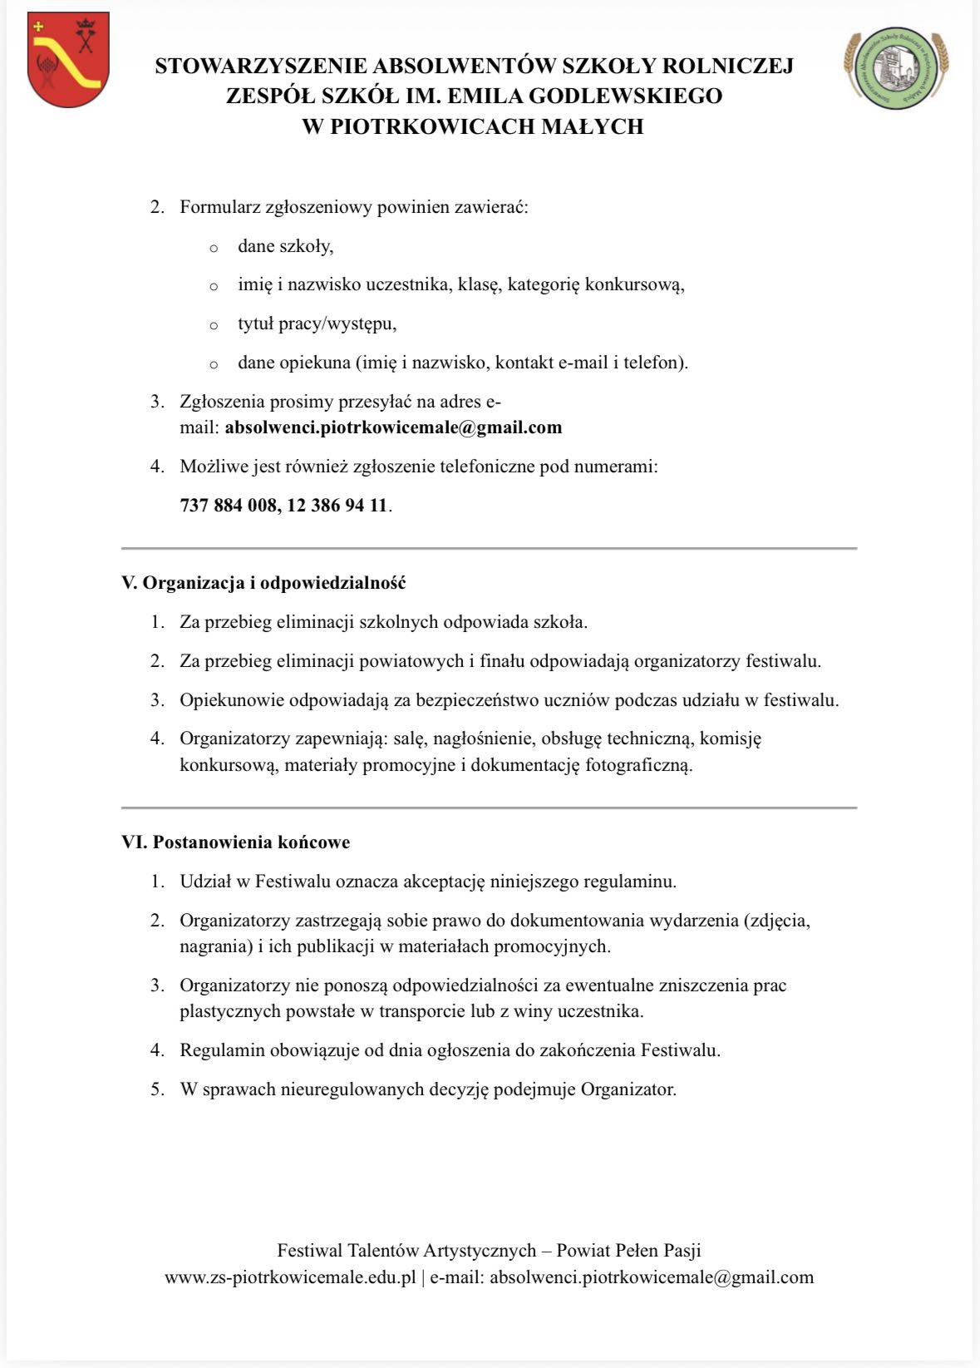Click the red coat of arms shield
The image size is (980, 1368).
click(67, 59)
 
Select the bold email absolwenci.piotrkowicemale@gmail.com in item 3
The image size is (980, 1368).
click(393, 427)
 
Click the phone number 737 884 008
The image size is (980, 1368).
click(229, 505)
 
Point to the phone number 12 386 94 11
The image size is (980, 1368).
click(337, 505)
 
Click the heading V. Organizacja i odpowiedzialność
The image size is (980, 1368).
click(263, 582)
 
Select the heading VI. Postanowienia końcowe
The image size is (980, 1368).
click(235, 842)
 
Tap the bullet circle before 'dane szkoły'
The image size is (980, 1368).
click(214, 248)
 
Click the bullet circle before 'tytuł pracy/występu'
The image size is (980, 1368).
click(214, 325)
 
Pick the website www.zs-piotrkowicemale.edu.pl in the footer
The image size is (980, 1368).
click(290, 1277)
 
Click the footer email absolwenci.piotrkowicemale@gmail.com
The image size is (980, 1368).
click(651, 1277)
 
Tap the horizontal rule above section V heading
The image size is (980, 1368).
click(489, 548)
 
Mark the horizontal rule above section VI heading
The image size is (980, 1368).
click(489, 807)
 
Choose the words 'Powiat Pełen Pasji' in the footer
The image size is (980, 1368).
click(628, 1250)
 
